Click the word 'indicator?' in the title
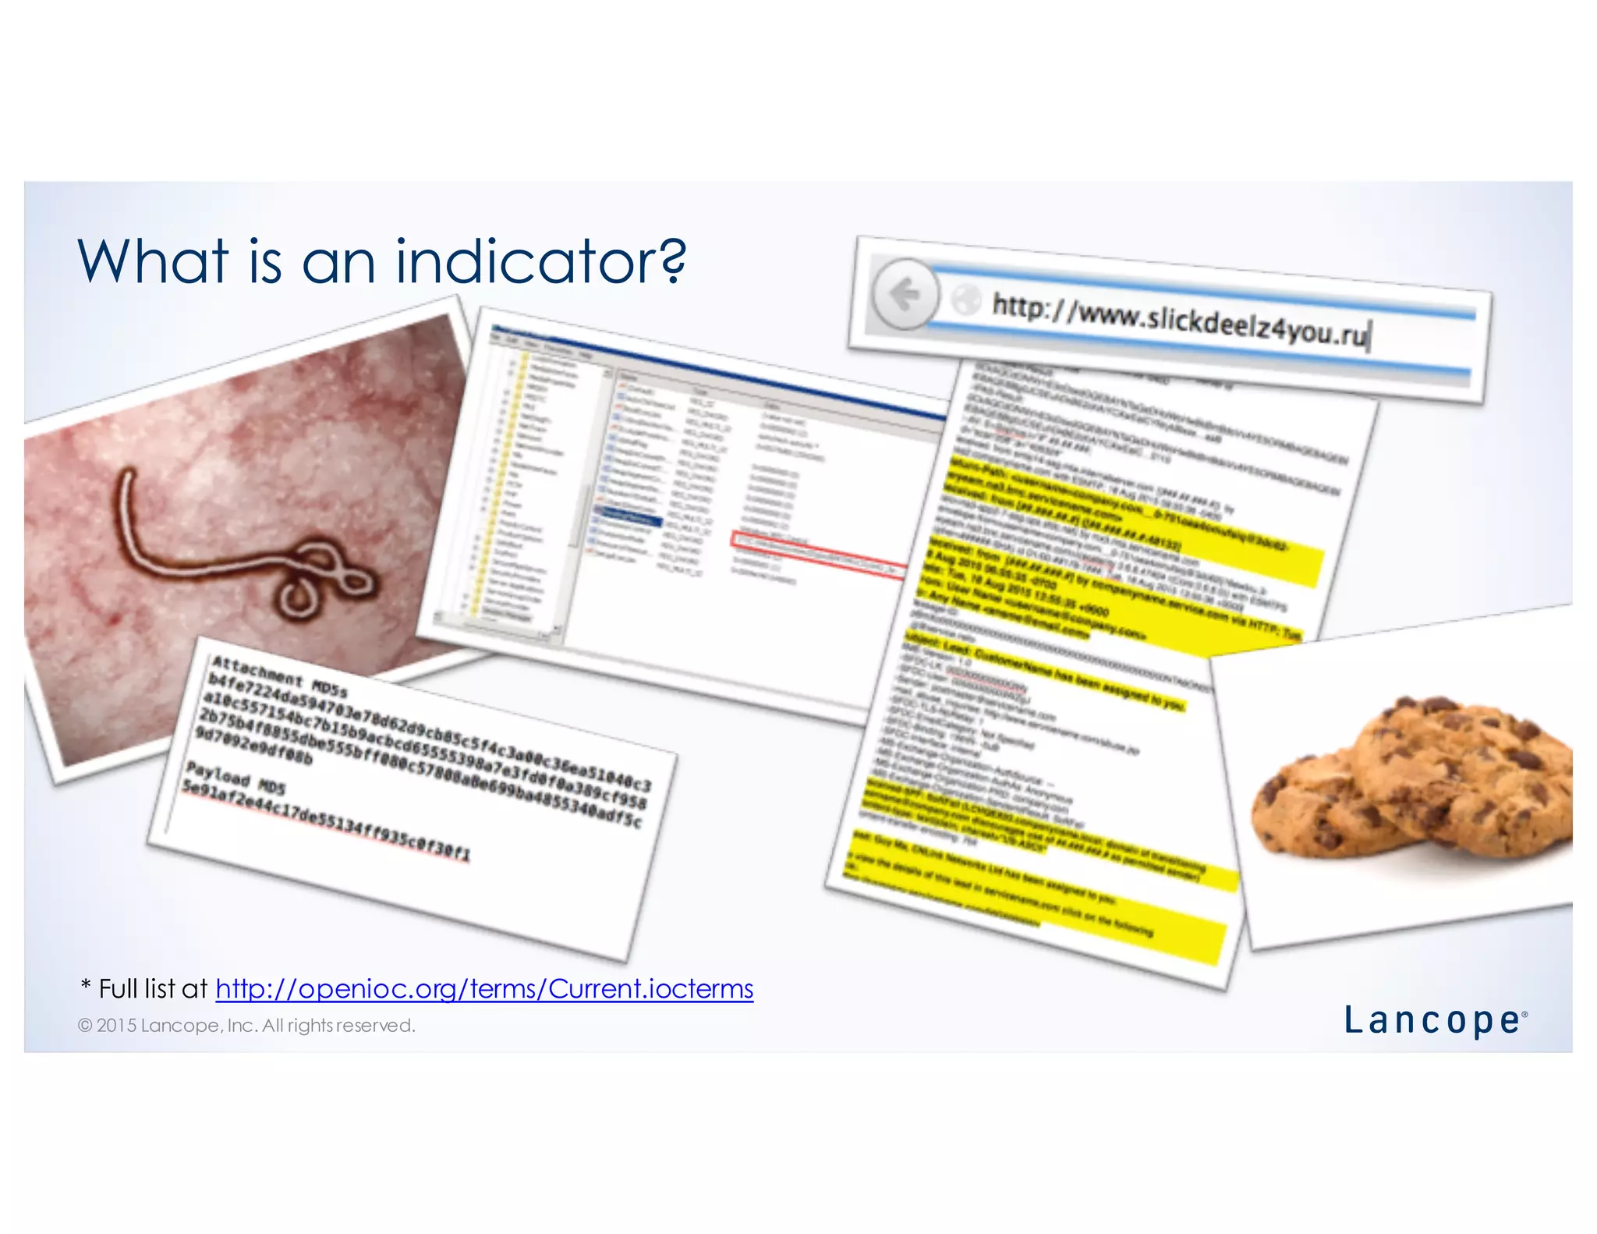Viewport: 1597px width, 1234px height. (x=540, y=261)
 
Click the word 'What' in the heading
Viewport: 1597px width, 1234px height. (x=153, y=261)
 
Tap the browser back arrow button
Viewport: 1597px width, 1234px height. (x=905, y=295)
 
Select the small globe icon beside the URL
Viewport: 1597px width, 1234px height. (x=966, y=300)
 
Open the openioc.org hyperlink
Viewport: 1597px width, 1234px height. (x=484, y=988)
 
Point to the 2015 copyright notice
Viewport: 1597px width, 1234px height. (x=246, y=1025)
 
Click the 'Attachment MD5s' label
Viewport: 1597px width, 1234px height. (x=279, y=676)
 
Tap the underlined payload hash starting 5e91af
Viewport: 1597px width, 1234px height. (x=326, y=821)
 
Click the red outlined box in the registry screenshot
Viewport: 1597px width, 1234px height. (x=819, y=554)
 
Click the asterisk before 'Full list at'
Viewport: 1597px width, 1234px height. (x=86, y=986)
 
